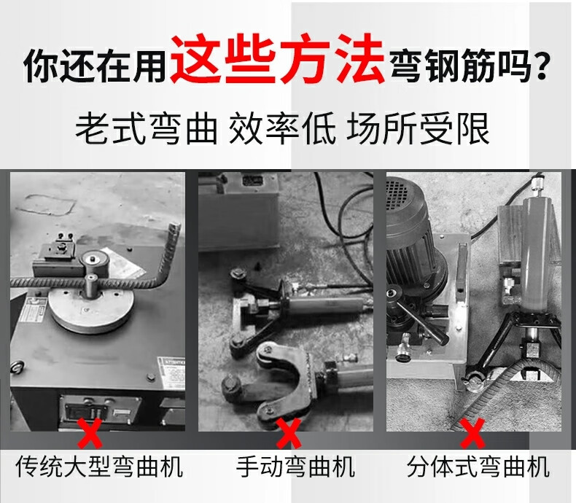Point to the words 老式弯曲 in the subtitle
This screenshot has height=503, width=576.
tap(147, 128)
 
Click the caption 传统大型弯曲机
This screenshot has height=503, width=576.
tap(100, 467)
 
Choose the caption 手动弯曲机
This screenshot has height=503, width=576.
tap(296, 467)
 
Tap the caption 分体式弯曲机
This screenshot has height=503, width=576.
tap(478, 467)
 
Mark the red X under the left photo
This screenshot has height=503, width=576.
tap(90, 433)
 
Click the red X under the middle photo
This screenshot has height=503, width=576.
tap(289, 433)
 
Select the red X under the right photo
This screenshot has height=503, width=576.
tap(472, 433)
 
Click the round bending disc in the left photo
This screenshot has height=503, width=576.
tap(91, 308)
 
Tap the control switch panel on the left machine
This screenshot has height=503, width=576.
tap(100, 410)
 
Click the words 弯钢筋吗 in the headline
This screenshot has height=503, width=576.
tap(459, 66)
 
